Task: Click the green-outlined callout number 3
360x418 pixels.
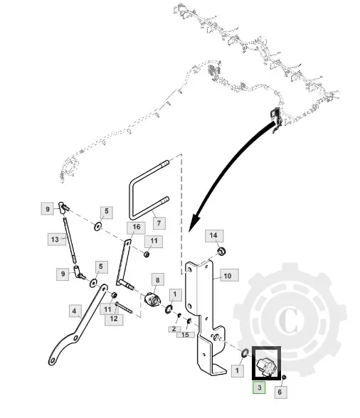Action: (x=259, y=387)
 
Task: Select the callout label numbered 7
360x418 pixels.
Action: (x=159, y=223)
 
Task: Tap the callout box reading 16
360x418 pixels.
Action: (x=136, y=227)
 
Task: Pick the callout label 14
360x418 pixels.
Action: (x=214, y=236)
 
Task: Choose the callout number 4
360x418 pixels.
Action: (x=75, y=311)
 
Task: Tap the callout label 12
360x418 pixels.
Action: (x=114, y=319)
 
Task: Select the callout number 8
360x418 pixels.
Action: (x=157, y=280)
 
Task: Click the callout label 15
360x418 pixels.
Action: (x=186, y=335)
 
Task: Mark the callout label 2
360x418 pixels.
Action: (x=174, y=329)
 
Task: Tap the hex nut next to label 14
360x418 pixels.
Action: (x=221, y=251)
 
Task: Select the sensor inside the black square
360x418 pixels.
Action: (x=266, y=365)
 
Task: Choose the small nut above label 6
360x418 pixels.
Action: (x=284, y=377)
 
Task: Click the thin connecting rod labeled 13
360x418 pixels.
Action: (x=70, y=240)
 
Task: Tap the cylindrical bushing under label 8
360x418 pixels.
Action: (x=152, y=299)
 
